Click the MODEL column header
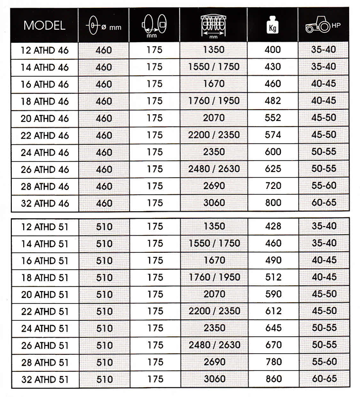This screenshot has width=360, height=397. point(44,25)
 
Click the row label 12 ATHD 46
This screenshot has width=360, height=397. point(44,50)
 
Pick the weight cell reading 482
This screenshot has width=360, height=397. point(273,101)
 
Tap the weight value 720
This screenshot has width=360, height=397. point(273,186)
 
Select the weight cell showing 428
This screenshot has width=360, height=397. point(273,227)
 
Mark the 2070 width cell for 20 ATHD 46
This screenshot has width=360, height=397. point(213,118)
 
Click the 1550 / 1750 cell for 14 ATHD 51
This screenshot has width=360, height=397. point(213,244)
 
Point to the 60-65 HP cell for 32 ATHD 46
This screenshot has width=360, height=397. point(323,202)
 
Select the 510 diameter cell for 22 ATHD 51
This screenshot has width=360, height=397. point(103,312)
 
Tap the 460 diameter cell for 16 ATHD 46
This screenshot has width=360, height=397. point(103,84)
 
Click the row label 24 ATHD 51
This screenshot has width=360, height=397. point(44,329)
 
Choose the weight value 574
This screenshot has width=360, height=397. point(273,135)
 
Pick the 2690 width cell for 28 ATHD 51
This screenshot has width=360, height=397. point(213,363)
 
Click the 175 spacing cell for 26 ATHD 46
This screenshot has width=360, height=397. point(154,169)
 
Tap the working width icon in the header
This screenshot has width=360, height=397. point(213,24)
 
